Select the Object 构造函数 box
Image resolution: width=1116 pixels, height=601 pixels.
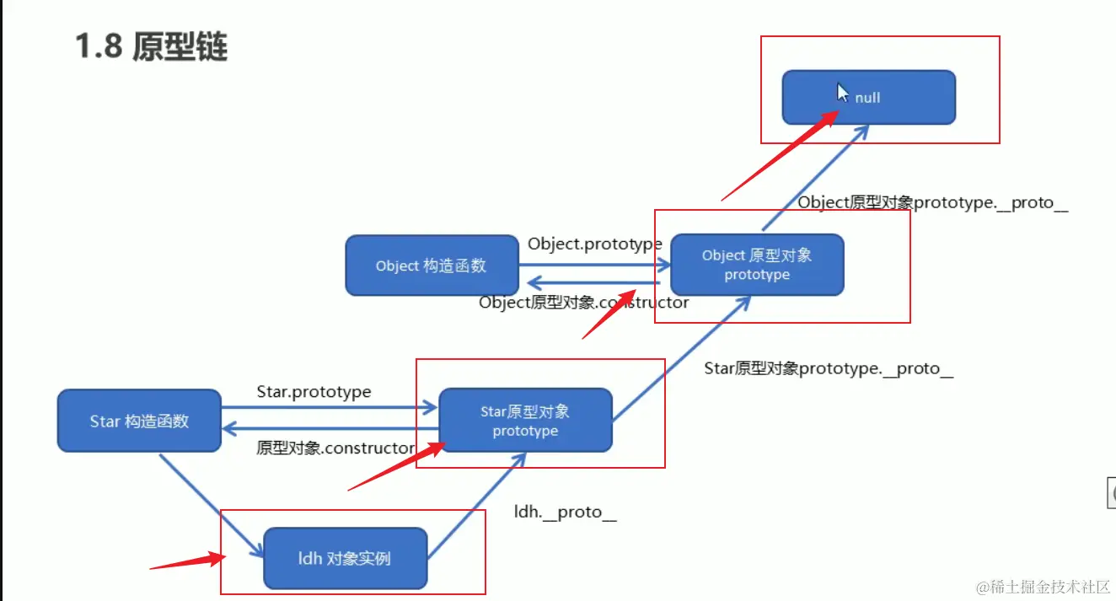point(432,265)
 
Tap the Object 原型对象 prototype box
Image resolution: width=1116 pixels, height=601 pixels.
point(757,265)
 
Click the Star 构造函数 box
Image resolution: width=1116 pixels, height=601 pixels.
point(139,421)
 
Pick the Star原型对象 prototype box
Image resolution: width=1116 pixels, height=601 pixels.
point(525,421)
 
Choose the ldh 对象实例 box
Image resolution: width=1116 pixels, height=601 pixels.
point(345,558)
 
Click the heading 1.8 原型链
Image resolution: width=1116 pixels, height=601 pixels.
point(152,47)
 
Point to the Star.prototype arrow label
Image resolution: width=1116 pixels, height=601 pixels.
point(314,392)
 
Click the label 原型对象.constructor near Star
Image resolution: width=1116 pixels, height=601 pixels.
point(335,448)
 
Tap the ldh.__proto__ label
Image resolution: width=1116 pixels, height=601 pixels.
point(565,512)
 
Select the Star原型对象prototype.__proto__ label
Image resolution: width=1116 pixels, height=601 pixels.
point(829,368)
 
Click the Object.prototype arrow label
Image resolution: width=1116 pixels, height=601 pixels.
point(594,244)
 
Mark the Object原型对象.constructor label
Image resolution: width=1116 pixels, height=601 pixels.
point(583,302)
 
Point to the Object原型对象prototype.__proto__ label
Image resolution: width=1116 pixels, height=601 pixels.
point(932,202)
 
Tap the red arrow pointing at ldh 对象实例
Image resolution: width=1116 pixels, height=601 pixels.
point(187,560)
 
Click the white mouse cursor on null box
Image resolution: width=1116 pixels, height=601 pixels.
point(843,93)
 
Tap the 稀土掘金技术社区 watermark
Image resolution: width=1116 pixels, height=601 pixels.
point(1045,585)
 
